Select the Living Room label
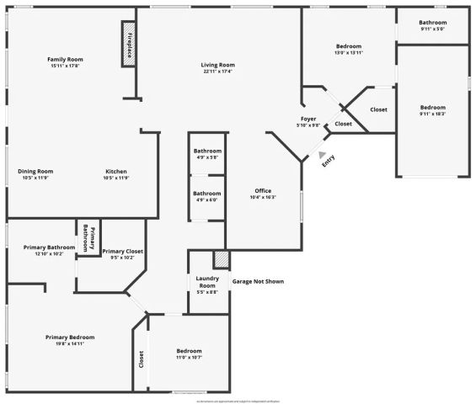[217, 65]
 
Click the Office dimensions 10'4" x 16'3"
[263, 198]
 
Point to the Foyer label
[307, 120]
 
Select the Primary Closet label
[123, 251]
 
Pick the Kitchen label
[116, 172]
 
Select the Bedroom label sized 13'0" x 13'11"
[349, 46]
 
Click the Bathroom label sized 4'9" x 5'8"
[207, 151]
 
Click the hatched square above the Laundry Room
[221, 259]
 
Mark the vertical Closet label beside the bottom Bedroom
[141, 359]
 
